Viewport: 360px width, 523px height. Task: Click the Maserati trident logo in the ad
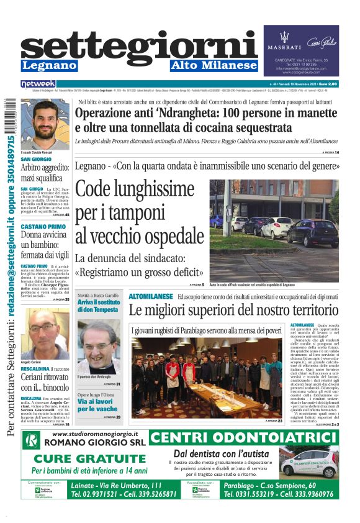284,35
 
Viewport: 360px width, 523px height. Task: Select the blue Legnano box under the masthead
49,65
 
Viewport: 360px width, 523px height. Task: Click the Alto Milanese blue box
214,65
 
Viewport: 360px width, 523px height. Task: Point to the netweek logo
38,83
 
